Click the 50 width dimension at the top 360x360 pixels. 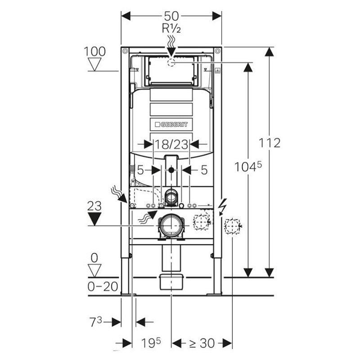pos(171,15)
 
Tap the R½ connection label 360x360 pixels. pos(171,28)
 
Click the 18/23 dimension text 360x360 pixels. pos(171,144)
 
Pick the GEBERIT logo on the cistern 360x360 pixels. pos(171,124)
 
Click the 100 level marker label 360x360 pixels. pos(94,51)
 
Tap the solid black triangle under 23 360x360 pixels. pos(94,219)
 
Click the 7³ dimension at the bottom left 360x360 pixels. pos(96,322)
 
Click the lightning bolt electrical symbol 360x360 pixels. pos(221,207)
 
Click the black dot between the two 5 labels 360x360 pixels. pos(171,171)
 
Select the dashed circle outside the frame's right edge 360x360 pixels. pos(232,225)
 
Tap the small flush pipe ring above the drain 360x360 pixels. pos(171,196)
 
